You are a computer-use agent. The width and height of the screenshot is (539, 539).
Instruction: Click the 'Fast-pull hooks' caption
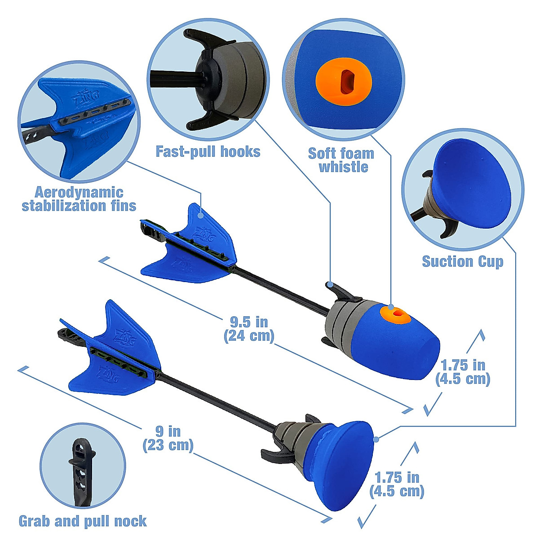coord(208,152)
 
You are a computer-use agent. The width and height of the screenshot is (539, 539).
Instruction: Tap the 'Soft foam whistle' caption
coord(341,160)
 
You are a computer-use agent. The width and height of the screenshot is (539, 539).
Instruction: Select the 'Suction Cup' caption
coord(463,261)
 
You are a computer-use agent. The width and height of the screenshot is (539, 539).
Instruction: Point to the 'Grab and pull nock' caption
coord(83,521)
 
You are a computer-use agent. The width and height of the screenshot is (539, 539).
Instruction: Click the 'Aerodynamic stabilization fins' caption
coord(79,199)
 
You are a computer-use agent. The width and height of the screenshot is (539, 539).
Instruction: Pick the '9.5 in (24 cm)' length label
coord(249,329)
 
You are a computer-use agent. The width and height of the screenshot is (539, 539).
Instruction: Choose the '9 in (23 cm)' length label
coord(168,438)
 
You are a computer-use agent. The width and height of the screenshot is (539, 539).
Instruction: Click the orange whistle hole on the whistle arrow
coord(395,314)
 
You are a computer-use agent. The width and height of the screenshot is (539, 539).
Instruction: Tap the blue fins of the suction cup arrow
coord(112,355)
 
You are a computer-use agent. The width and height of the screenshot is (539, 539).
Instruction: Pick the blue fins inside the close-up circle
coord(76,121)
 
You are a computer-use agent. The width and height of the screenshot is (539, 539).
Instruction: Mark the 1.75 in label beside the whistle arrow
coord(463,371)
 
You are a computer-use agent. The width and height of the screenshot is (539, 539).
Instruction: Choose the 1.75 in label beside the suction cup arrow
coord(397,484)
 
